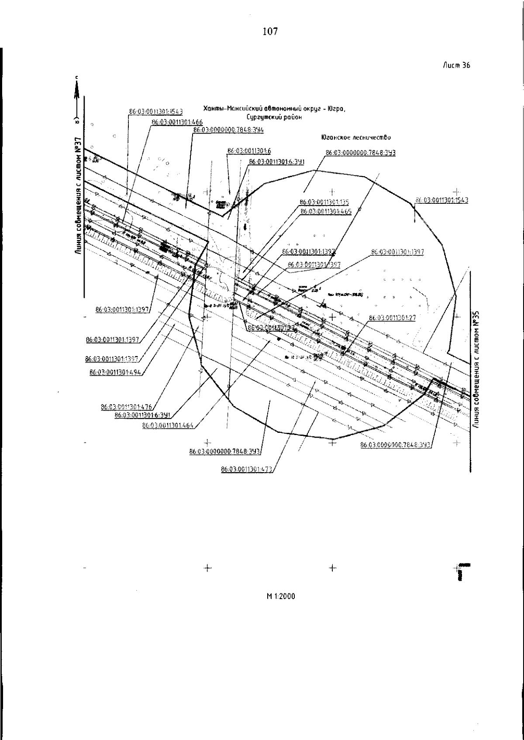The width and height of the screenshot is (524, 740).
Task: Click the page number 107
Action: [x=270, y=31]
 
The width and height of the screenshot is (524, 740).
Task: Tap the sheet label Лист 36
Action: [x=456, y=65]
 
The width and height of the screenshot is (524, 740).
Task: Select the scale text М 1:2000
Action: [x=281, y=596]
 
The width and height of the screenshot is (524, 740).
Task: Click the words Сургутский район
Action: [x=274, y=117]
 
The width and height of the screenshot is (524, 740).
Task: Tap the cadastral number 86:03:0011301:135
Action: [x=324, y=202]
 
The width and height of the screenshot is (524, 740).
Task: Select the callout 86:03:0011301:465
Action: [x=326, y=211]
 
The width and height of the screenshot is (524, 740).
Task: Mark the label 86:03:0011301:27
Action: [x=392, y=318]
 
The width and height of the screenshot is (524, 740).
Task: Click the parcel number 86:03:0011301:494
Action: [x=115, y=372]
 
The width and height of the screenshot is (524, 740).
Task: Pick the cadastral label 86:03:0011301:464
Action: [x=168, y=425]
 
